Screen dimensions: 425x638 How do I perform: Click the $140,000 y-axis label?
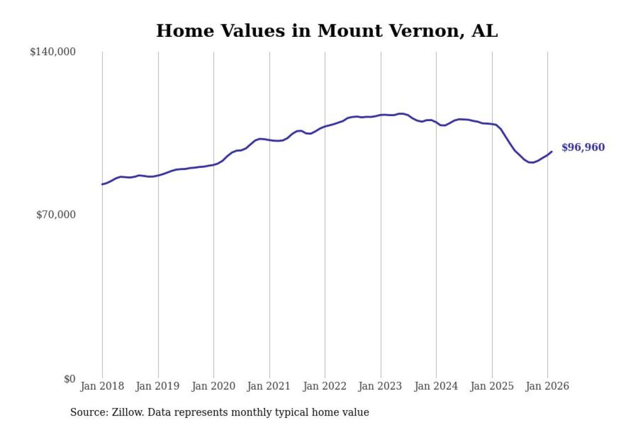coord(52,52)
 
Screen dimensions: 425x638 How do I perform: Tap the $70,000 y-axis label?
coord(55,215)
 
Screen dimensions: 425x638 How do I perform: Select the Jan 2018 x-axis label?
coord(102,386)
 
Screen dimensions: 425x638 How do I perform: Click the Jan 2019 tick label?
coord(158,386)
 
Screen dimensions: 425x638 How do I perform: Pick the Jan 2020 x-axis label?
coord(214,386)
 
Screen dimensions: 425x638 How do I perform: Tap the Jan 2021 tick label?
coord(270,386)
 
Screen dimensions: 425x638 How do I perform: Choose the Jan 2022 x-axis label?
coord(325,386)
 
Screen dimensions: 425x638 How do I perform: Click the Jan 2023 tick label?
coord(381,386)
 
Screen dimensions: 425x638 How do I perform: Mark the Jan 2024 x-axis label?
coord(436,386)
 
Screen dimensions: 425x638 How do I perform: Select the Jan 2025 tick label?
coord(492,386)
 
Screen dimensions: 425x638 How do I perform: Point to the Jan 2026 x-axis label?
coord(547,386)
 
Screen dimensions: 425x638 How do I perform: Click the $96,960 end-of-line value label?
coord(583,147)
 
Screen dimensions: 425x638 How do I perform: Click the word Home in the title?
coord(179,31)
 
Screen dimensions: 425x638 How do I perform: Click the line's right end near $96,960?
coord(552,151)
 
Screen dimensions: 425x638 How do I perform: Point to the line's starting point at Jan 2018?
coord(102,184)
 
